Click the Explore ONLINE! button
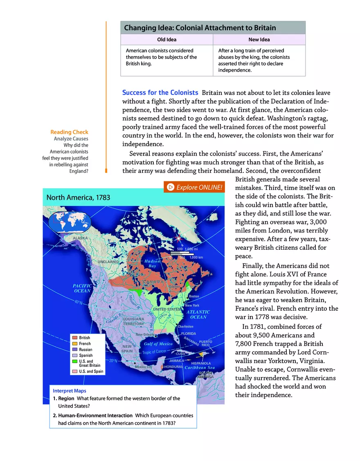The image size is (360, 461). click(x=194, y=188)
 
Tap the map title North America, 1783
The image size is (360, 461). click(x=78, y=197)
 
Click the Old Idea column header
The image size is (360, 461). click(x=166, y=39)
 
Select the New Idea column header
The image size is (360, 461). click(x=259, y=39)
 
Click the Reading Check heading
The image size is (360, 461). click(x=69, y=132)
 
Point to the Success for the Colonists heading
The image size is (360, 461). click(x=160, y=93)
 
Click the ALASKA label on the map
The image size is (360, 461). click(x=81, y=238)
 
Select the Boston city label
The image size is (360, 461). click(x=193, y=296)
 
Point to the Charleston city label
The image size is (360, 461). click(x=186, y=326)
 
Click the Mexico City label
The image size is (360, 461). click(x=144, y=367)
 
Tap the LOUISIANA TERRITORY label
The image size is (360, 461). click(x=133, y=321)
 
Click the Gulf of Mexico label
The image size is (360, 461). click(x=158, y=344)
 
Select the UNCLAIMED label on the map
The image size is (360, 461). click(x=108, y=262)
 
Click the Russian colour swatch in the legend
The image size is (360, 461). click(x=74, y=350)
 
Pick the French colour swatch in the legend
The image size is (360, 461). click(x=74, y=343)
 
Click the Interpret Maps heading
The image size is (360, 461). click(x=70, y=391)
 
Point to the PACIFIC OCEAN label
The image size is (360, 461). click(x=82, y=288)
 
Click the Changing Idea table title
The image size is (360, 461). click(x=200, y=28)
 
